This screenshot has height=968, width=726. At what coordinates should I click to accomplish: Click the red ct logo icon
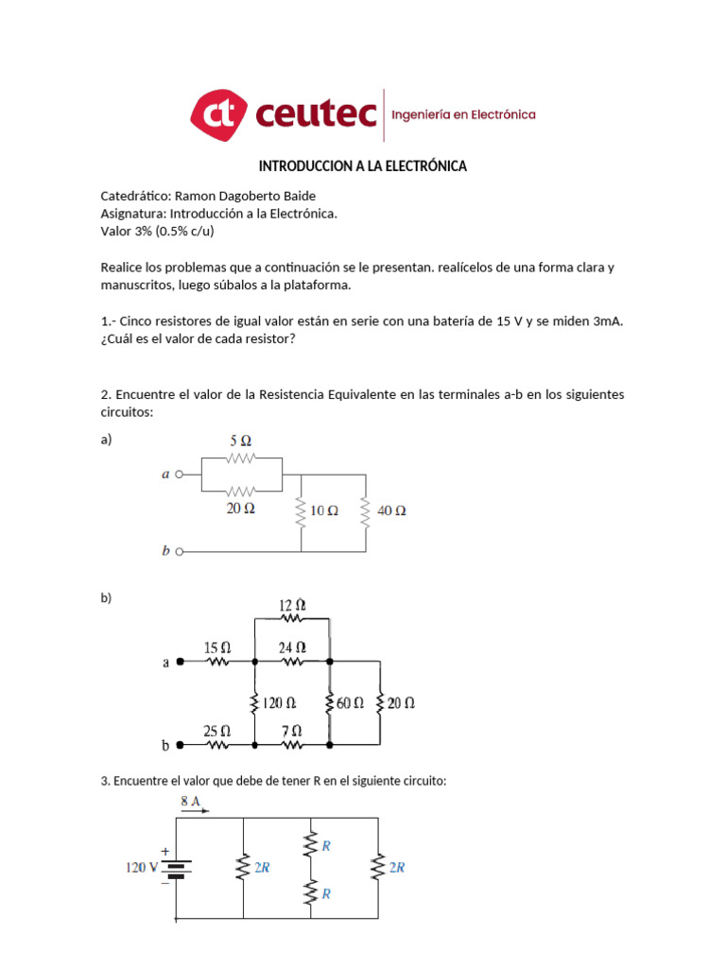[218, 114]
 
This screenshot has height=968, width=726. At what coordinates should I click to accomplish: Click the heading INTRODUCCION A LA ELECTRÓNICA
[363, 166]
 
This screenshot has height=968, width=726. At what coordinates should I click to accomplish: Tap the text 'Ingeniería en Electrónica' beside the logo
[463, 114]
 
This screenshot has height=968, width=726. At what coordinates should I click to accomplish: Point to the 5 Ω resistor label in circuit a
[241, 441]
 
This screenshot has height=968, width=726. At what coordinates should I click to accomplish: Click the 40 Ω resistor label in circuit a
[391, 510]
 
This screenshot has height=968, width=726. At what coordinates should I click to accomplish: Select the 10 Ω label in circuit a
[324, 510]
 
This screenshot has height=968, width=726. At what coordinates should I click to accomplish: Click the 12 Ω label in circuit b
[292, 604]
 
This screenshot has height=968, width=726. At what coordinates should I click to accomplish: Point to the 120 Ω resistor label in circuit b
[279, 703]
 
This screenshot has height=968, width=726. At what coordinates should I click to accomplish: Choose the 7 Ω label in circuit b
[292, 731]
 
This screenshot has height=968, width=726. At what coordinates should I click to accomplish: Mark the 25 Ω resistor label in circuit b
[217, 731]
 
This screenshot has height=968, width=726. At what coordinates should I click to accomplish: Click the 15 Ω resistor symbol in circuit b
[218, 663]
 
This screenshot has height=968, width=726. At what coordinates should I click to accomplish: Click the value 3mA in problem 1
[604, 321]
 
